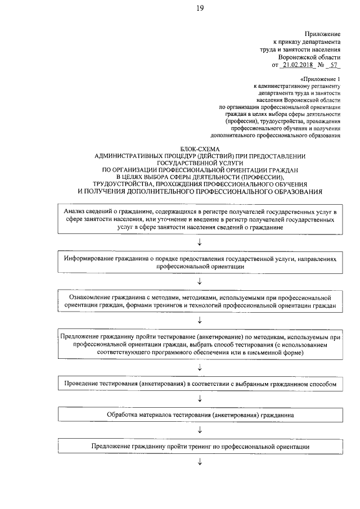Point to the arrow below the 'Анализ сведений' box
point(200,241)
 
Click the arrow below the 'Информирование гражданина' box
point(200,280)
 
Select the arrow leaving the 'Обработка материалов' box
point(200,430)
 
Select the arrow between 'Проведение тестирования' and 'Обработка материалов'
point(200,399)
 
